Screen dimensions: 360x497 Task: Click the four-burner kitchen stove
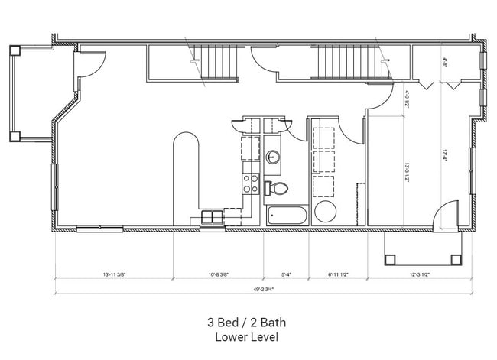(250, 183)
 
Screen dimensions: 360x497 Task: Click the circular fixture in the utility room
(325, 212)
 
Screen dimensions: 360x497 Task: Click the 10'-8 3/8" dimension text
(218, 274)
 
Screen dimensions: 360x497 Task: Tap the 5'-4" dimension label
(286, 274)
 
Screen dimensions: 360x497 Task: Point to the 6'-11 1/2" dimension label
(338, 274)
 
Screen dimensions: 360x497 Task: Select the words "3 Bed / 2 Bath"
(246, 323)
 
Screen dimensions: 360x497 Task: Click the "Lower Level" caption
(246, 337)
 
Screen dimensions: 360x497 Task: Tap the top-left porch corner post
(15, 50)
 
